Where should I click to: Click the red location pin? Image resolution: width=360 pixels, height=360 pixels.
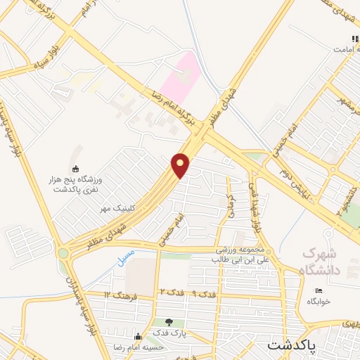pos(181,165)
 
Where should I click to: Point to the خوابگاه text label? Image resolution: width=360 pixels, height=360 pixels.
pos(319,300)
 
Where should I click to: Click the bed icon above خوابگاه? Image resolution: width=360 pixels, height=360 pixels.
pos(319,290)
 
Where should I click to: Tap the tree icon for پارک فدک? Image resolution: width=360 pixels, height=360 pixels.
pos(167,322)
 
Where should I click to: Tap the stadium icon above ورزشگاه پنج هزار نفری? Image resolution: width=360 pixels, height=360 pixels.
pos(76,167)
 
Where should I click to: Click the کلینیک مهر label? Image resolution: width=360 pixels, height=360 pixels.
pos(115,208)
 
